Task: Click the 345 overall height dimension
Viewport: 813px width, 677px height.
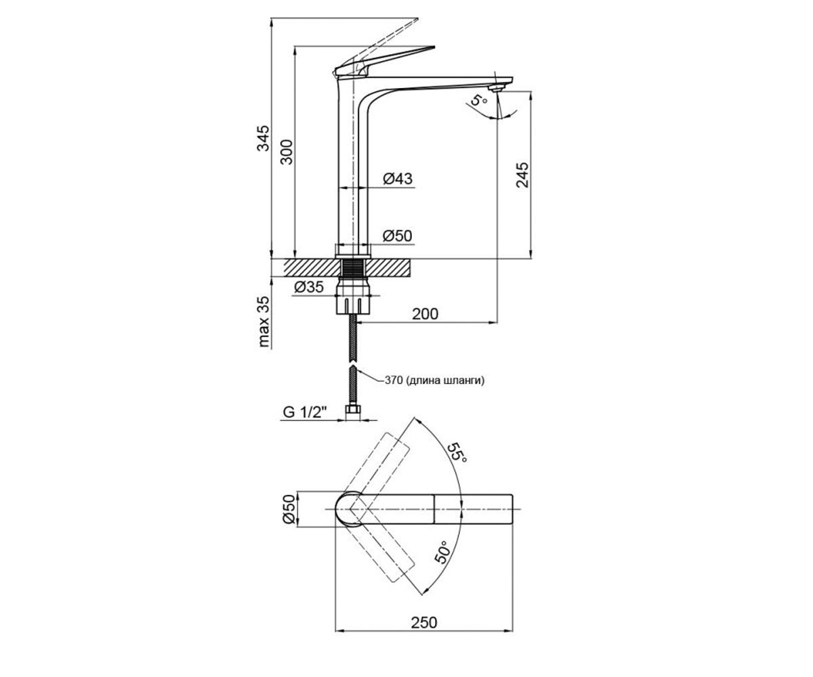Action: pos(264,137)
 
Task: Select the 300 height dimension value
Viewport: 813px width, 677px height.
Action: pos(287,152)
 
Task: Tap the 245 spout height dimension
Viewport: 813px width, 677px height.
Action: pos(522,175)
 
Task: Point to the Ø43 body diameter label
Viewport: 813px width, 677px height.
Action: pos(398,179)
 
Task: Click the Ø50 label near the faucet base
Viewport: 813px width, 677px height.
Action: pos(397,236)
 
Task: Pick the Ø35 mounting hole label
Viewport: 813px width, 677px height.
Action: pos(309,287)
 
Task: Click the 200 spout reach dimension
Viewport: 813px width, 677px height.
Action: pos(425,313)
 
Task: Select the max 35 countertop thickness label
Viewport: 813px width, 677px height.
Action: pos(264,322)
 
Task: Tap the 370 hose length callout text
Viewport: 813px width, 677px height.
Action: pos(435,380)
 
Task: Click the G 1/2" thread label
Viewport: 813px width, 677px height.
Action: pos(304,412)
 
